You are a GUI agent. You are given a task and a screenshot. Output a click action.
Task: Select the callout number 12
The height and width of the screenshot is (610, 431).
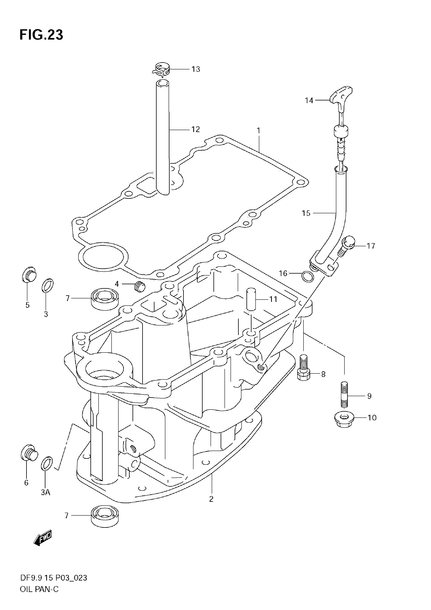[196, 129]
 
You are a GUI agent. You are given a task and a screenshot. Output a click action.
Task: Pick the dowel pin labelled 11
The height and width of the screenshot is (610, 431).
[251, 299]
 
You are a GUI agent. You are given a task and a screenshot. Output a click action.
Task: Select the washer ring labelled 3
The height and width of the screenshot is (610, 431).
[48, 285]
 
